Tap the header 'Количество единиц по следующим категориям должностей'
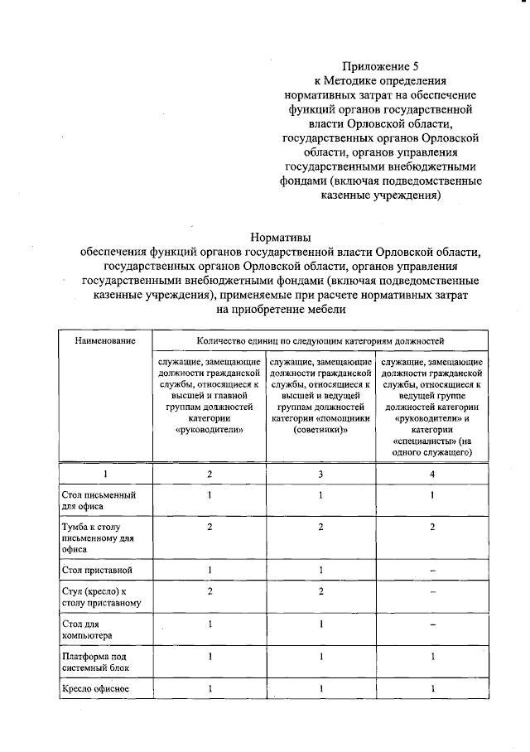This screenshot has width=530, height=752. click(320, 340)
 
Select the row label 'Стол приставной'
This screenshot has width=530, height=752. click(97, 571)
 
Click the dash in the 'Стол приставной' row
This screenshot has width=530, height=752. click(431, 571)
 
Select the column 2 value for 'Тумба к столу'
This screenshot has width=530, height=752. click(210, 527)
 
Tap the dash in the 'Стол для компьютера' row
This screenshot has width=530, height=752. click(431, 624)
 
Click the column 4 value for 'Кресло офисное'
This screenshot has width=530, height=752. click(431, 689)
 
